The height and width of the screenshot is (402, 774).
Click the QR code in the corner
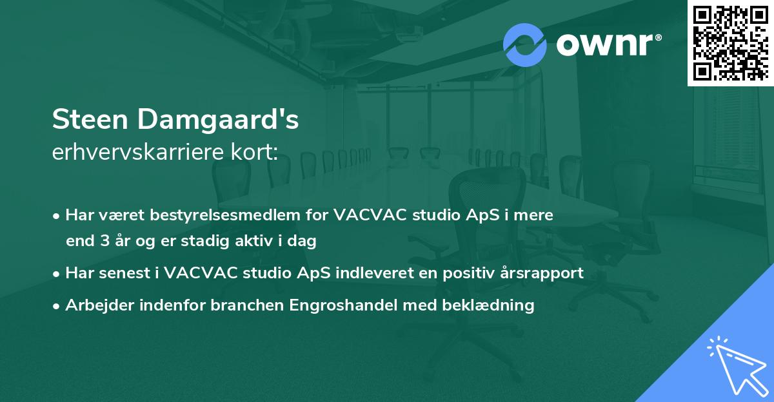coord(730,43)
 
